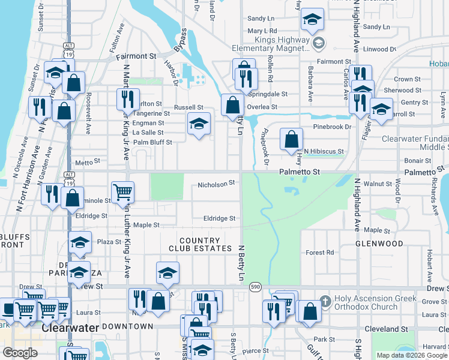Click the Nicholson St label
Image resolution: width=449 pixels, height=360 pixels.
(x=215, y=183)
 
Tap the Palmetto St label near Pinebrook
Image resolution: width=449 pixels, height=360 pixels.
(x=299, y=172)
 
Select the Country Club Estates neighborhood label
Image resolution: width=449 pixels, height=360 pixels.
(x=205, y=244)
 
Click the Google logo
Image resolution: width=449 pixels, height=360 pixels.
(x=20, y=353)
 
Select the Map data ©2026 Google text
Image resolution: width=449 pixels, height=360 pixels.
(x=411, y=355)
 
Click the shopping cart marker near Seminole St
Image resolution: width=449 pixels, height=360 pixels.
(x=122, y=192)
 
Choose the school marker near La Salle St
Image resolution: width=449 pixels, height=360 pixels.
(x=199, y=124)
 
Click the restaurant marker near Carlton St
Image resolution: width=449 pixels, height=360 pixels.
(x=128, y=99)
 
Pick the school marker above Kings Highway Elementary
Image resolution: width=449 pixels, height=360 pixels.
(x=312, y=20)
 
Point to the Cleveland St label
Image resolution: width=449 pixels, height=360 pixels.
(x=390, y=329)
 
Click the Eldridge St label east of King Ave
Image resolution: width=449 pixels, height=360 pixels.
(x=219, y=219)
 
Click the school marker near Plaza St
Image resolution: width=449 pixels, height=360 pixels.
(x=80, y=242)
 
